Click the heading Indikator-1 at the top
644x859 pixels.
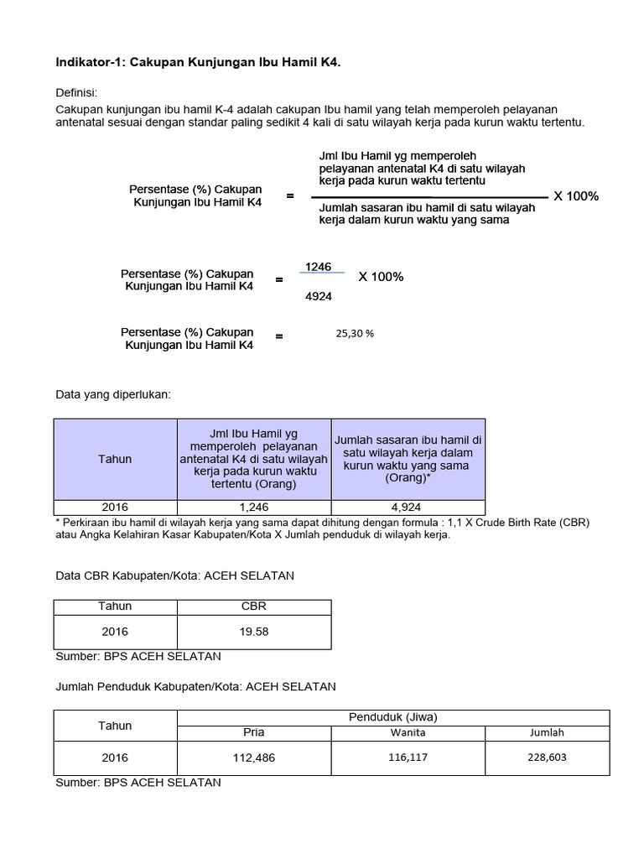pyautogui.click(x=198, y=62)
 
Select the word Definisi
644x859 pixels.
pyautogui.click(x=77, y=92)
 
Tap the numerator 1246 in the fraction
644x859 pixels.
pyautogui.click(x=319, y=266)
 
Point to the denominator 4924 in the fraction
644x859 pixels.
pyautogui.click(x=319, y=296)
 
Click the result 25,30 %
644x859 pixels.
pyautogui.click(x=355, y=333)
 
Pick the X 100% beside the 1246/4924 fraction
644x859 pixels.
pyautogui.click(x=381, y=277)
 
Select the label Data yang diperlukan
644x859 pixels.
pyautogui.click(x=112, y=394)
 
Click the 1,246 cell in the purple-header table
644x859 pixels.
pyautogui.click(x=252, y=507)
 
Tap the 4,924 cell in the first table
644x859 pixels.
pyautogui.click(x=408, y=507)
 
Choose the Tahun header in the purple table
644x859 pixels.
pyautogui.click(x=115, y=459)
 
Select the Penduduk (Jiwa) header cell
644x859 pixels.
pyautogui.click(x=392, y=717)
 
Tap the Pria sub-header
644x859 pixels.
pyautogui.click(x=252, y=732)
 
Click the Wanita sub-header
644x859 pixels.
pyautogui.click(x=408, y=732)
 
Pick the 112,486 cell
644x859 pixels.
pyautogui.click(x=252, y=758)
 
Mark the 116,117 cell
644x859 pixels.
pyautogui.click(x=408, y=757)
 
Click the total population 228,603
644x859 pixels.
pyautogui.click(x=547, y=757)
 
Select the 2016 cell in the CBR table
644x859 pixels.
pyautogui.click(x=115, y=632)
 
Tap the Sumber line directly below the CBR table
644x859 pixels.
pyautogui.click(x=138, y=655)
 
